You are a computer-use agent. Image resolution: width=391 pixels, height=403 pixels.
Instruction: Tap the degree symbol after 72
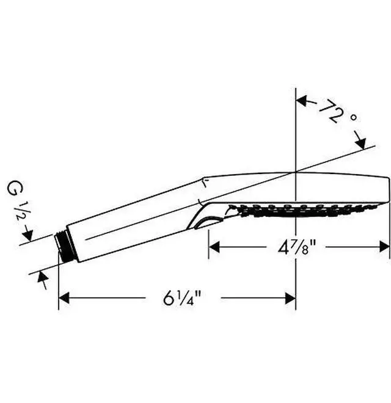coord(354,118)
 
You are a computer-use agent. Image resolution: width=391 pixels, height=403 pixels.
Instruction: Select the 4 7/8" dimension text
coord(296,247)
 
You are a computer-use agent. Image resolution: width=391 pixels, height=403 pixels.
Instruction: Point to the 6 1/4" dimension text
coord(183,298)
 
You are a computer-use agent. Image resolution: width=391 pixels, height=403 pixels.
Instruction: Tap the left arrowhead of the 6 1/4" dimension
coord(64,298)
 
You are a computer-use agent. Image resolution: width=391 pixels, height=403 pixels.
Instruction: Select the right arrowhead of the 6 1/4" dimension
coord(290,298)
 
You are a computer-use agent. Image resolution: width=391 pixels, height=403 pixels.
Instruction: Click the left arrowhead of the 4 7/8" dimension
coord(214,247)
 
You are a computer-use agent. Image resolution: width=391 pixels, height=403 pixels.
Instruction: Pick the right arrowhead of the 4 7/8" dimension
coord(384,247)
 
